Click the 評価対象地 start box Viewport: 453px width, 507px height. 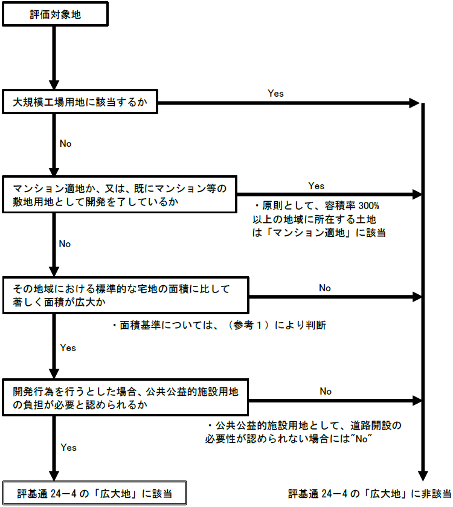[55, 15]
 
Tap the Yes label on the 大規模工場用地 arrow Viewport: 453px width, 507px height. [275, 94]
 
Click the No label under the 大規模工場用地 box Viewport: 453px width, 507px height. [65, 143]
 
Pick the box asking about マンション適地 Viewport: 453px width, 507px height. [120, 195]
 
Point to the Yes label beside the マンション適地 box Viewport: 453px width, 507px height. [316, 185]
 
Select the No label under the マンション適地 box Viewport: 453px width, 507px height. [65, 244]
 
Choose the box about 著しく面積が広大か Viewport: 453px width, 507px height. [126, 295]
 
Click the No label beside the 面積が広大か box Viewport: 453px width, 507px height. [325, 288]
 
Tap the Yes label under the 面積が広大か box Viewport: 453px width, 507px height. [68, 347]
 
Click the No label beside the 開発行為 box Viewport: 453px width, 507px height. [326, 391]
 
